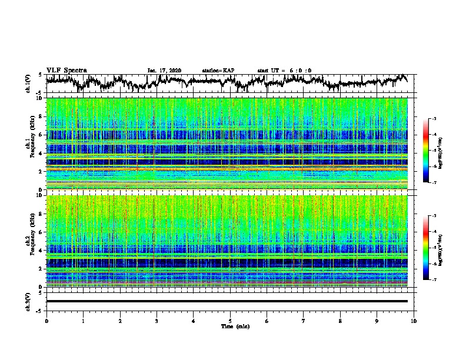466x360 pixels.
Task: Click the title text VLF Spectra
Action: [66, 70]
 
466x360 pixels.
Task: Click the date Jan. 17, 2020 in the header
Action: [164, 71]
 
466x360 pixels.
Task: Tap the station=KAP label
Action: [218, 71]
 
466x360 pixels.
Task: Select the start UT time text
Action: [284, 71]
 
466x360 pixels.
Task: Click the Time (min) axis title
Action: [230, 326]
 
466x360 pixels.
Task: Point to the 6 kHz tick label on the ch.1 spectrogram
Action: [40, 135]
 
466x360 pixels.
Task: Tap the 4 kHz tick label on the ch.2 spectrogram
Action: [40, 250]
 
